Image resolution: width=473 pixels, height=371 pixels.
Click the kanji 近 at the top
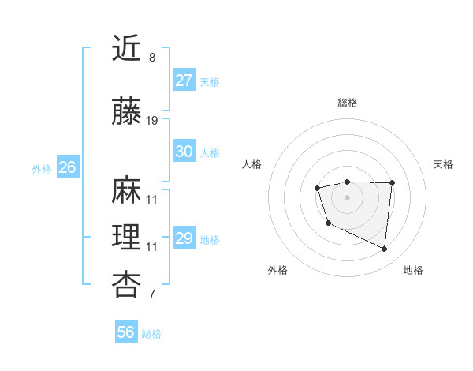pos(127,49)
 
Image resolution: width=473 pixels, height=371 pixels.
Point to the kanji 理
pos(127,237)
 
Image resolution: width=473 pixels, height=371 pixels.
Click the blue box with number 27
pos(184,81)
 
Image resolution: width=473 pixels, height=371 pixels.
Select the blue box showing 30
pos(184,152)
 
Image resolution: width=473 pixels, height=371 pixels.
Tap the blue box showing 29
pos(184,238)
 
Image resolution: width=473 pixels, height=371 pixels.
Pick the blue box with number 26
pos(67,167)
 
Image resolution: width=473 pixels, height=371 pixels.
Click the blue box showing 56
pos(126,332)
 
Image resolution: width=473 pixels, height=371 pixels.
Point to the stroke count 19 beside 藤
pos(152,121)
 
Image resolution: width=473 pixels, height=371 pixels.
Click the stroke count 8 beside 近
pos(152,58)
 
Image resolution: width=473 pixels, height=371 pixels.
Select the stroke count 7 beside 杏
pos(152,295)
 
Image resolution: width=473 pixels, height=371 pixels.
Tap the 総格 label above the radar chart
pos(348,103)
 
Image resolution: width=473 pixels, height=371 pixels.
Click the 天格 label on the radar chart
pos(443,164)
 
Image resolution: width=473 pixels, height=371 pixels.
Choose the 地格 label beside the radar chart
pos(413,270)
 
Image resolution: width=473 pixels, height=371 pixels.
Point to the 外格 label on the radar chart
pos(277,270)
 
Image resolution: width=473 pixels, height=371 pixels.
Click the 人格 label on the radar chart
pos(252,164)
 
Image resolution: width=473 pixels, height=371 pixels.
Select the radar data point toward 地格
pos(385,249)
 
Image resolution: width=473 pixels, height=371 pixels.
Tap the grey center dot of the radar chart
pos(347,197)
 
